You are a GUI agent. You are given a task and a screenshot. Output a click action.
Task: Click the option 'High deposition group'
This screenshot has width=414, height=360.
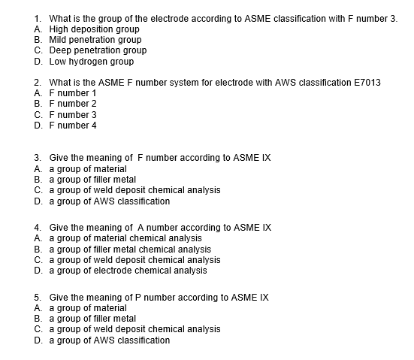pos(94,29)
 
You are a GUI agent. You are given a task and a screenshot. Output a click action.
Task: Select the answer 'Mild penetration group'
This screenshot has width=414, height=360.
pos(95,39)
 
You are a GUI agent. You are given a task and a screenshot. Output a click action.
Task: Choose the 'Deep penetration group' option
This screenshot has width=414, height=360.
pos(97,50)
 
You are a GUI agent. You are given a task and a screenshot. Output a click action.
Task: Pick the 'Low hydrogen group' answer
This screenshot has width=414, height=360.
pos(91,61)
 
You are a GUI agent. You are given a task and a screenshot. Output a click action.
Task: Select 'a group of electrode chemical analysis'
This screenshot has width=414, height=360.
pos(128,271)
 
